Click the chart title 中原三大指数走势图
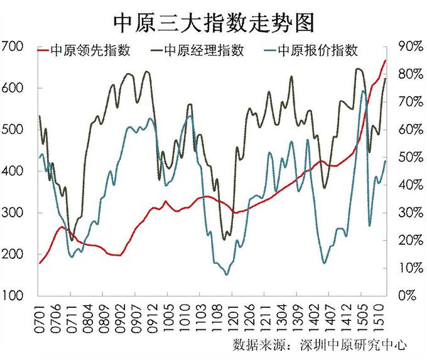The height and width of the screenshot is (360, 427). tap(213, 20)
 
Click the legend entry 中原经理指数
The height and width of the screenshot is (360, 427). tap(203, 50)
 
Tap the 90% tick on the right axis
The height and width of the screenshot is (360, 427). tap(409, 46)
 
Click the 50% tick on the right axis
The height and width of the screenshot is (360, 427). tap(409, 157)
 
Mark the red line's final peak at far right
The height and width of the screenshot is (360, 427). tap(385, 60)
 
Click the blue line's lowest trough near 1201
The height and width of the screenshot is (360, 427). tap(227, 274)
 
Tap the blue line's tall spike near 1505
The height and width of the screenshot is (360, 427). tap(363, 92)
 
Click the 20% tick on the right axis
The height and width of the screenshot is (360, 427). tap(409, 241)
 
